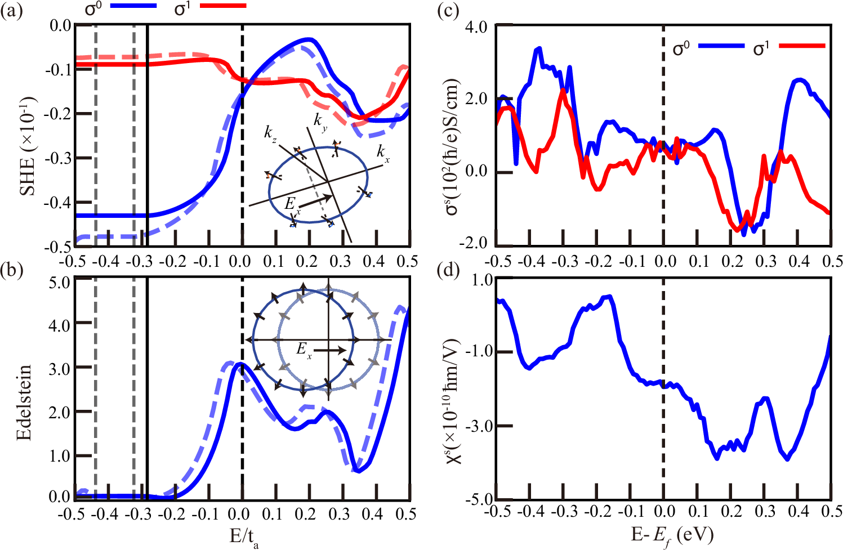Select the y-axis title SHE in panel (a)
point(27,146)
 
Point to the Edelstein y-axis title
point(24,402)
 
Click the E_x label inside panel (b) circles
point(305,350)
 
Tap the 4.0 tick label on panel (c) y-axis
point(477,27)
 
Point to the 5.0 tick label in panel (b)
point(59,282)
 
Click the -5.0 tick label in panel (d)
point(478,499)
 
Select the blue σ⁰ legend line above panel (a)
point(133,6)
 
